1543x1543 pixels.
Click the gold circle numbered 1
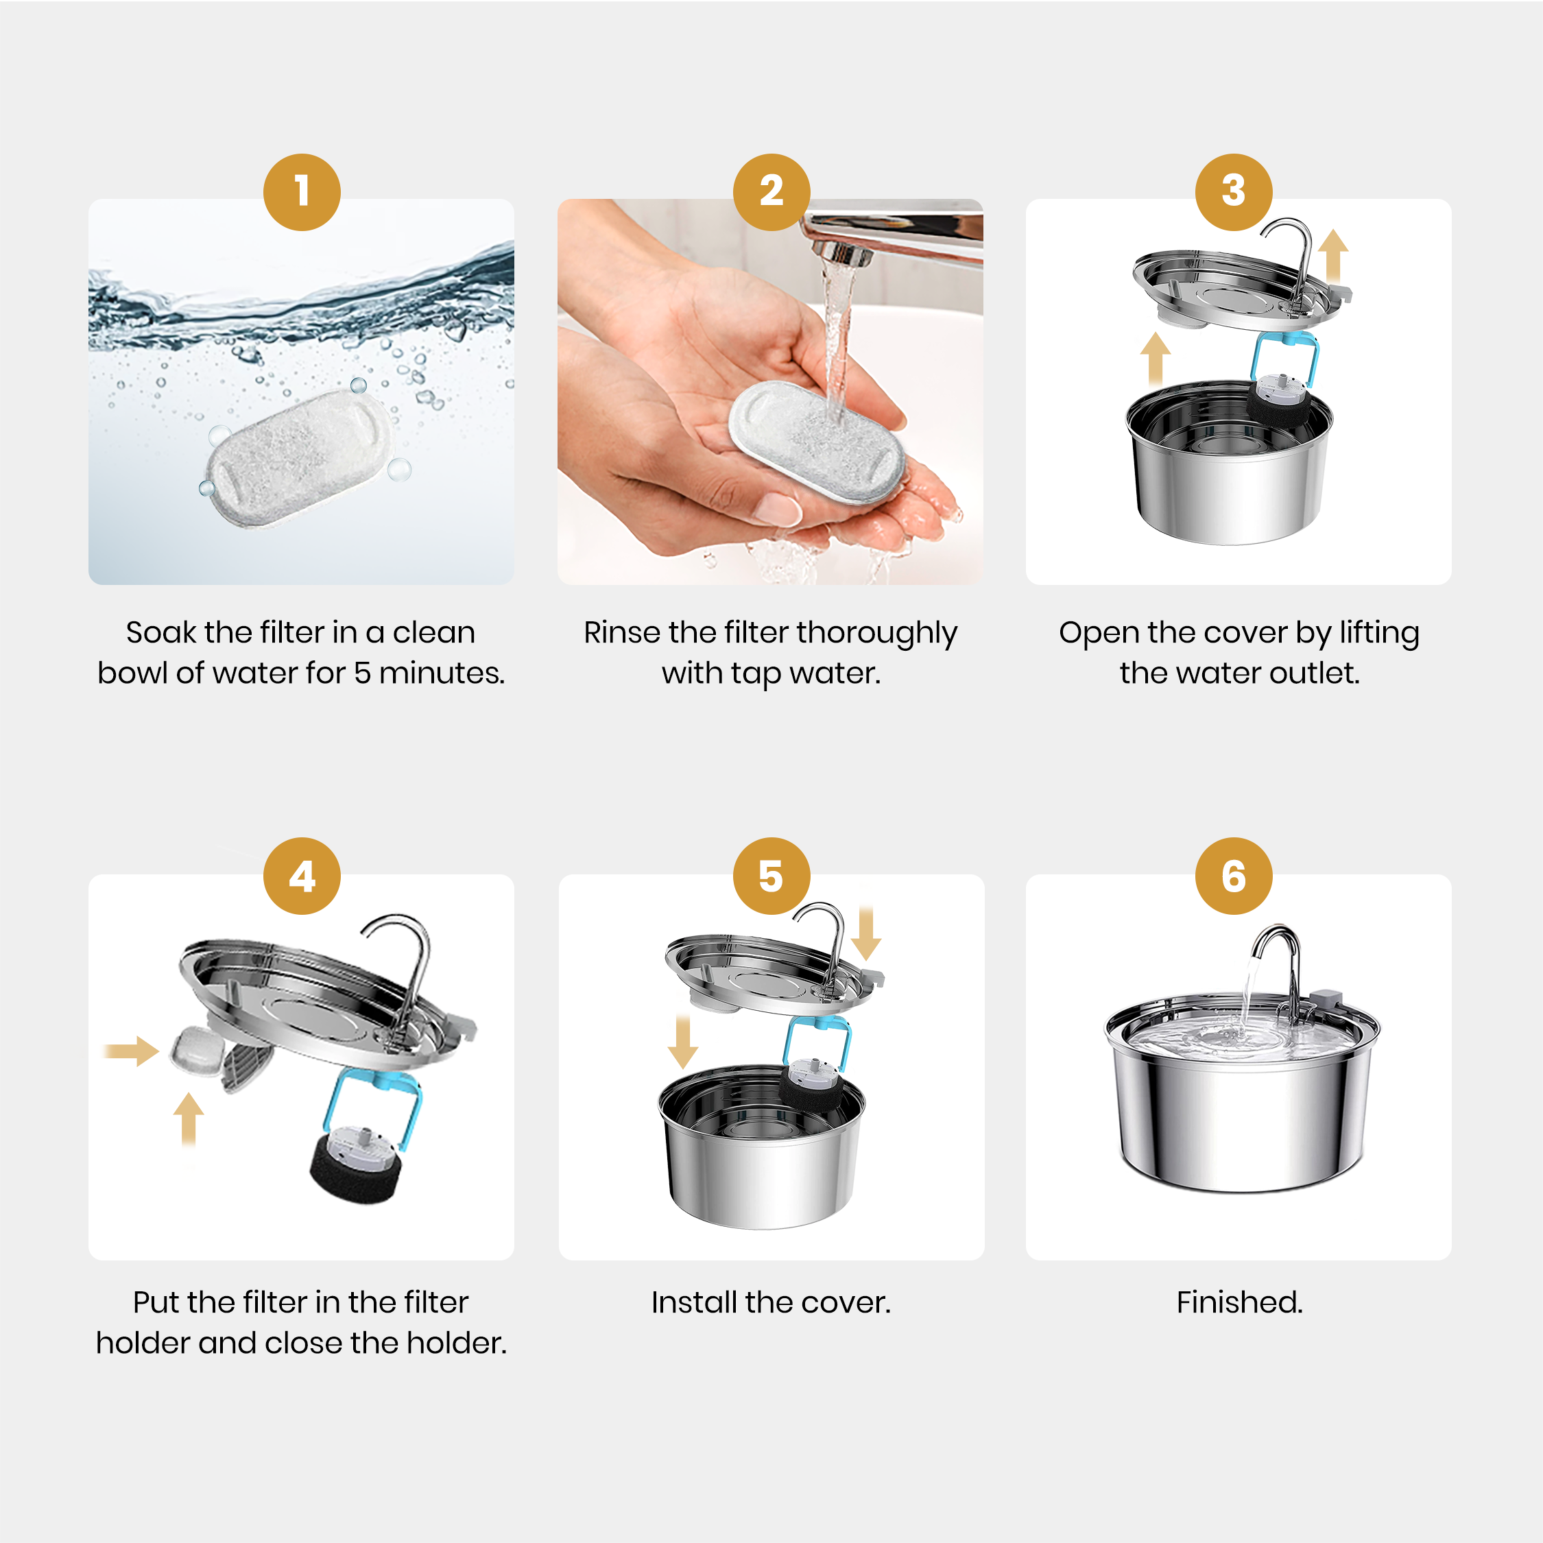pyautogui.click(x=302, y=193)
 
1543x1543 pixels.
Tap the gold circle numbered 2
pyautogui.click(x=771, y=193)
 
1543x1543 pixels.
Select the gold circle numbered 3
pyautogui.click(x=1233, y=193)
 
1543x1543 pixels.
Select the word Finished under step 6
pyautogui.click(x=1239, y=1302)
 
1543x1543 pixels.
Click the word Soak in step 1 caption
pyautogui.click(x=160, y=632)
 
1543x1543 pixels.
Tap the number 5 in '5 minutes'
pyautogui.click(x=362, y=673)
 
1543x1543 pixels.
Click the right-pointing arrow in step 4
pyautogui.click(x=132, y=1051)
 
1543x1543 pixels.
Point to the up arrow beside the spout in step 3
pyautogui.click(x=1333, y=256)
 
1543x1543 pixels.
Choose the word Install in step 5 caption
pyautogui.click(x=694, y=1302)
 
